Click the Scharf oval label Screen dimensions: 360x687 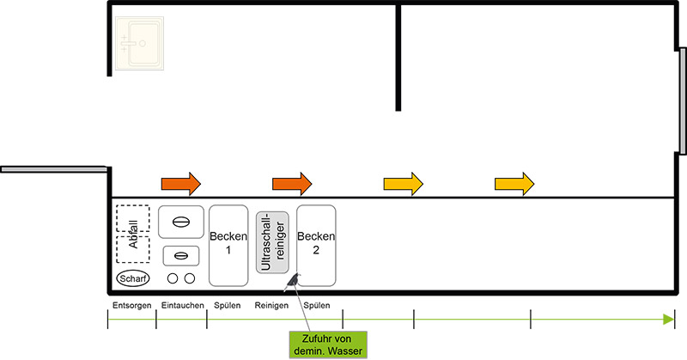pyautogui.click(x=133, y=278)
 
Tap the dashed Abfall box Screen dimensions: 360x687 pyautogui.click(x=132, y=235)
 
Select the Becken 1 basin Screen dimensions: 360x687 pyautogui.click(x=228, y=245)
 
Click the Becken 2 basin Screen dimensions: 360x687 pyautogui.click(x=316, y=245)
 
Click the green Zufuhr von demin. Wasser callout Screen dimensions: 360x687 pyautogui.click(x=326, y=345)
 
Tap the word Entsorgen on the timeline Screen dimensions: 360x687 pyautogui.click(x=131, y=307)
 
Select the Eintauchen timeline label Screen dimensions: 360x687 pyautogui.click(x=181, y=307)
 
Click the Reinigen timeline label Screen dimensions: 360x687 pyautogui.click(x=271, y=307)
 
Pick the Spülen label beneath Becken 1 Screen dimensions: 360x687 pyautogui.click(x=228, y=307)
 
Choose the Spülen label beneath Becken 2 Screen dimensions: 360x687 pyautogui.click(x=316, y=307)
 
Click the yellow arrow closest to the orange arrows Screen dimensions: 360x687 pyautogui.click(x=403, y=183)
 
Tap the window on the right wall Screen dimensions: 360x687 pyautogui.click(x=682, y=101)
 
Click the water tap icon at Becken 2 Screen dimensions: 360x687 pyautogui.click(x=295, y=278)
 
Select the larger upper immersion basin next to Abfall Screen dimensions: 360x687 pyautogui.click(x=181, y=222)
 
